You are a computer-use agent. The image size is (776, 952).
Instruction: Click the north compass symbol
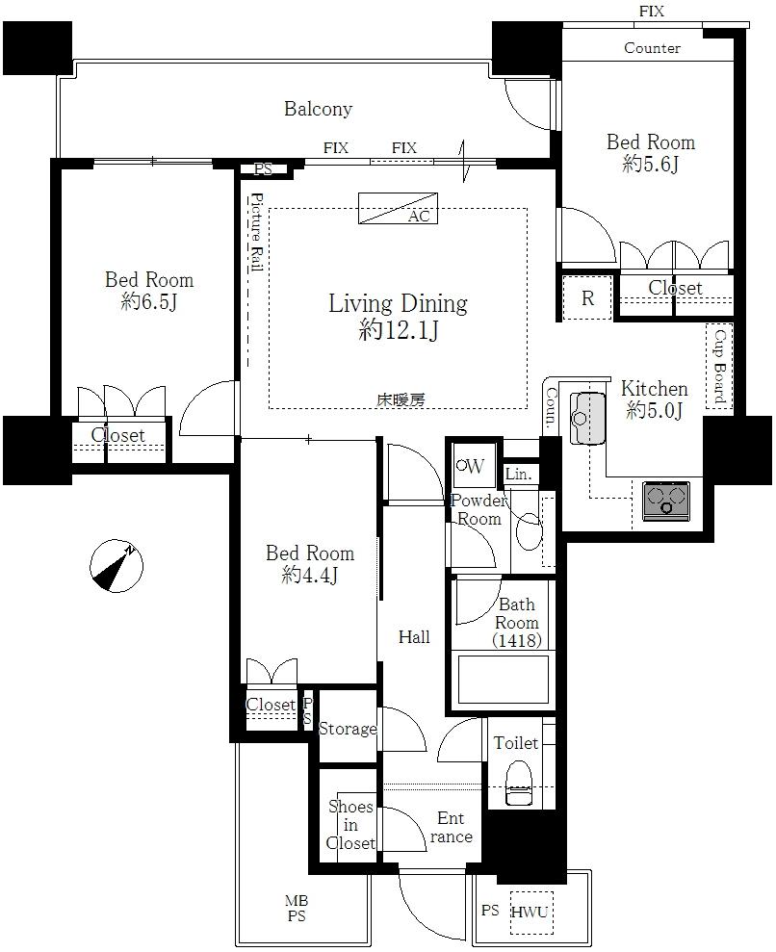115,567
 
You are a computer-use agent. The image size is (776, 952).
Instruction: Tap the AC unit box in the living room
398,208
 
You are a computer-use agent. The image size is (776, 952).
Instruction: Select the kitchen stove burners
665,501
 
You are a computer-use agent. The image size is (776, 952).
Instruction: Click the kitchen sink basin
588,419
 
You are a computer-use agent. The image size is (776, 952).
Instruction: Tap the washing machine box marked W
471,466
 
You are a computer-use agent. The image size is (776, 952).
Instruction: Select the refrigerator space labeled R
587,298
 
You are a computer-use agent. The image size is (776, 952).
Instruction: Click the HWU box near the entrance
529,912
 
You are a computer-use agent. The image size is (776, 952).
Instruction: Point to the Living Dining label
398,304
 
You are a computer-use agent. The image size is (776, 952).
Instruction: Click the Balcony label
318,109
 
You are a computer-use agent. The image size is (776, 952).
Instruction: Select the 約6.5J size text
149,302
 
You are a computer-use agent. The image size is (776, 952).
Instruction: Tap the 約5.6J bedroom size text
650,165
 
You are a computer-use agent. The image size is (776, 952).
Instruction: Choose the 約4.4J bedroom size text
310,576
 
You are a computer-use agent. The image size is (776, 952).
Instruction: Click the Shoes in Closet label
350,825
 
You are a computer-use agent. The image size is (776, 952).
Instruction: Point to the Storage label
348,729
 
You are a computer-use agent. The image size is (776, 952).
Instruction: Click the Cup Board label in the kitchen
719,367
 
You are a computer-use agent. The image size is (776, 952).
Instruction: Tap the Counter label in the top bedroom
652,48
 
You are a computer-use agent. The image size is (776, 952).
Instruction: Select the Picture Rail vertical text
256,234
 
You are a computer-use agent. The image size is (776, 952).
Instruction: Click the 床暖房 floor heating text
400,399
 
